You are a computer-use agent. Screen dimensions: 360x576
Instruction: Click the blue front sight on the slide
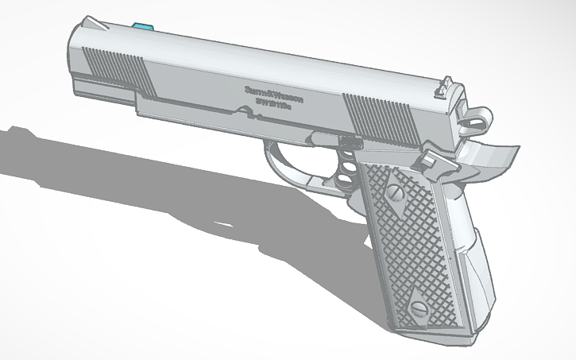tap(144, 26)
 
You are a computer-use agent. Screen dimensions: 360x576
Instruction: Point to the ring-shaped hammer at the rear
tap(477, 121)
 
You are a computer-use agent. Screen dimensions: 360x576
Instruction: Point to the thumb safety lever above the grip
tap(433, 159)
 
